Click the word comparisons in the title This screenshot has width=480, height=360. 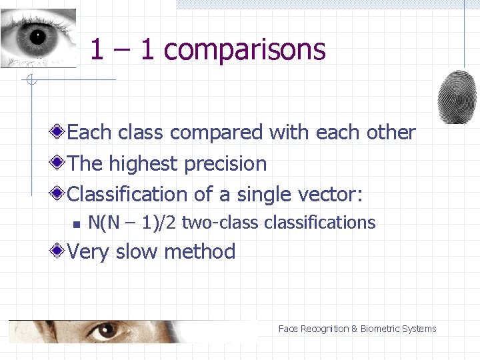click(x=244, y=50)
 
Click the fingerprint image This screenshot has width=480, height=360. click(x=457, y=97)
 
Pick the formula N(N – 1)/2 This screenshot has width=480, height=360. click(x=133, y=223)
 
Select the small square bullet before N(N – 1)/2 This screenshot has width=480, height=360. click(x=77, y=223)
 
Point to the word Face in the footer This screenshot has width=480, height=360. click(x=288, y=329)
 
